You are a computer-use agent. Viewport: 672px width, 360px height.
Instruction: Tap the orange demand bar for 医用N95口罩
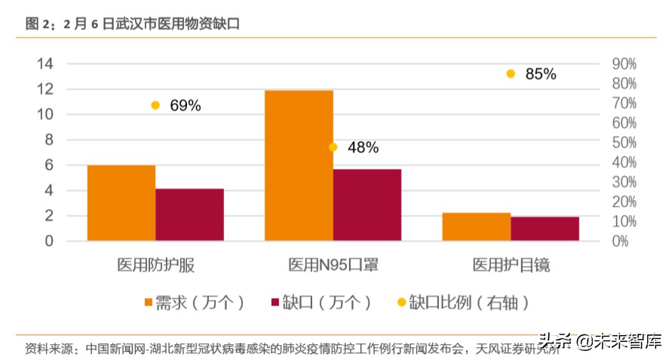click(x=299, y=165)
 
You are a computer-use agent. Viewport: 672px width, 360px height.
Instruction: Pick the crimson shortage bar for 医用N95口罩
click(x=367, y=205)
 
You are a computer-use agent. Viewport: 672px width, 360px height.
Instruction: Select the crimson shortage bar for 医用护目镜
click(x=545, y=229)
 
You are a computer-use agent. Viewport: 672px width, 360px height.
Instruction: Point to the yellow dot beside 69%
click(x=155, y=106)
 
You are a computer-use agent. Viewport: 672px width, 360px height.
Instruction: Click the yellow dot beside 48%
click(x=333, y=147)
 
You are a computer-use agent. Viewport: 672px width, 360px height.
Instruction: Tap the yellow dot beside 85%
click(x=511, y=74)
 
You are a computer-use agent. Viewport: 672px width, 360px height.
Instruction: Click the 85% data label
click(x=540, y=74)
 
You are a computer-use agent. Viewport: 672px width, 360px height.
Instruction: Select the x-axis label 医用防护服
click(x=156, y=265)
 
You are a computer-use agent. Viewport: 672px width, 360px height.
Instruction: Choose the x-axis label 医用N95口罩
click(x=333, y=265)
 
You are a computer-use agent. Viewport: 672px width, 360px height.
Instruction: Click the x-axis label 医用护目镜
click(x=511, y=265)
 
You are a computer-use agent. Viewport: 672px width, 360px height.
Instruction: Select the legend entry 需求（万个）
click(x=193, y=303)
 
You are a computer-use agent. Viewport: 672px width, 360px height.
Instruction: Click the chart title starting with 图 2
click(x=132, y=24)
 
